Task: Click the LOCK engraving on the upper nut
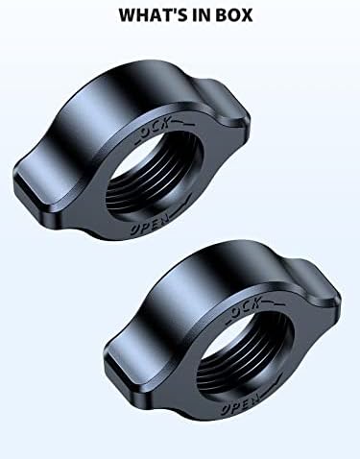point(153,129)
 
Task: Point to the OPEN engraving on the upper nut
point(150,224)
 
